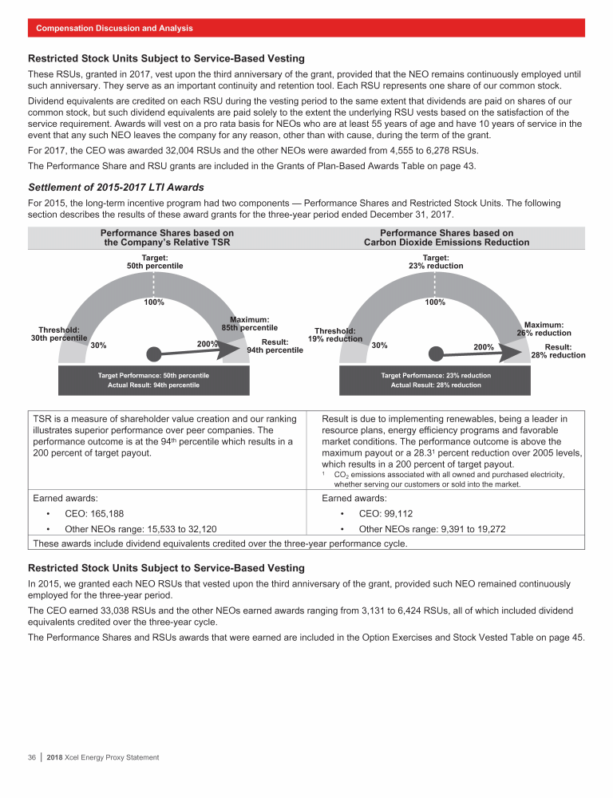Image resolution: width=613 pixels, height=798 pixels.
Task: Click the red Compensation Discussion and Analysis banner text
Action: tap(114, 28)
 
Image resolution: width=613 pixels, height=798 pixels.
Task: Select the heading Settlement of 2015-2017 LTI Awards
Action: tap(116, 188)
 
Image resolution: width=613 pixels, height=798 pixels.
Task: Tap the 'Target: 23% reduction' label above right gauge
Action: tap(435, 261)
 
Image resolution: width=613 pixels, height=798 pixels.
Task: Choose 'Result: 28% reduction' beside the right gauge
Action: tap(558, 351)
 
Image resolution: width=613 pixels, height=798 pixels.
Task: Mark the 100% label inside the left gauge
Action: tap(154, 303)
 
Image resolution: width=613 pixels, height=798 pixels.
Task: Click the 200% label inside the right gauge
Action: tap(484, 347)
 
